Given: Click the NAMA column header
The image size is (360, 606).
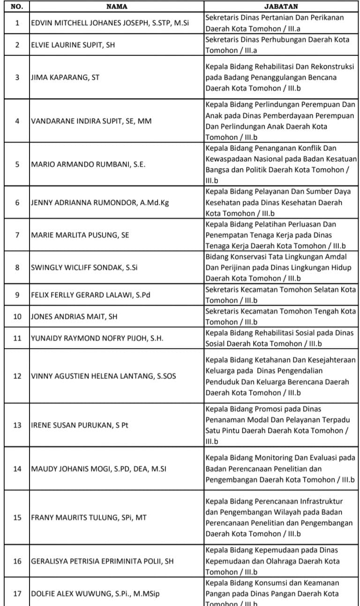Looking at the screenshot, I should [116, 7].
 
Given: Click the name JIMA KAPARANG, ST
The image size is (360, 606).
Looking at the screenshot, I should [65, 77].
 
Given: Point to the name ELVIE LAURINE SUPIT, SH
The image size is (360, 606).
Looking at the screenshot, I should [73, 45].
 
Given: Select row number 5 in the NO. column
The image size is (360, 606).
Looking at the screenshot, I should [17, 165].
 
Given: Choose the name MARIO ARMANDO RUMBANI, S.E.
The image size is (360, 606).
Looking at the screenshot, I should [88, 165].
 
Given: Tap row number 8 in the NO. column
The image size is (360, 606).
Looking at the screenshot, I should [17, 268].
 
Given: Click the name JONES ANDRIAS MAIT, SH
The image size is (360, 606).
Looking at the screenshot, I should [74, 317].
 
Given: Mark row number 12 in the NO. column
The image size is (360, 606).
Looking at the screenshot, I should [17, 376].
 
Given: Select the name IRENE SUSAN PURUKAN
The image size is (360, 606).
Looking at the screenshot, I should [80, 425].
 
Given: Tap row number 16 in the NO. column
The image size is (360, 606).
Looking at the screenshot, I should [17, 561].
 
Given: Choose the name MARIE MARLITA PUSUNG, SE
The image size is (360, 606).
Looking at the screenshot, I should [80, 235].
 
